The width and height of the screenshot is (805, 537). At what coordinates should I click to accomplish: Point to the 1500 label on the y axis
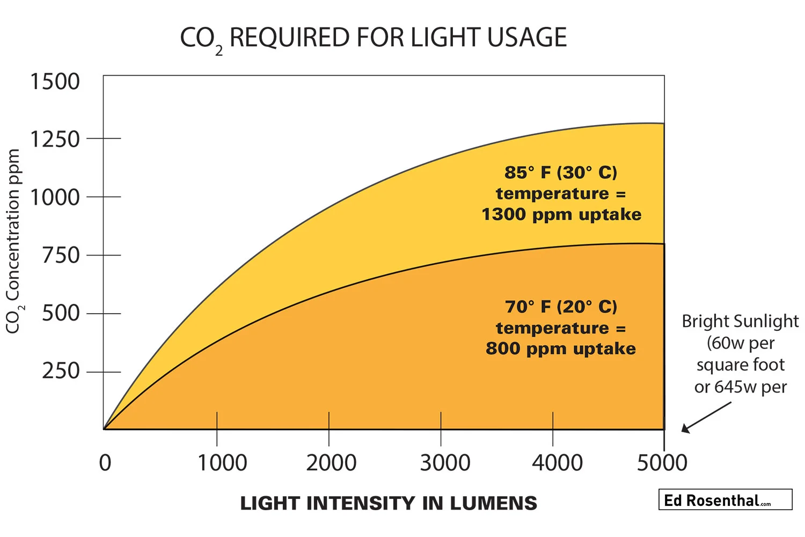(55, 82)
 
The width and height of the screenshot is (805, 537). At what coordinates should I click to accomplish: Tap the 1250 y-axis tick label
(55, 140)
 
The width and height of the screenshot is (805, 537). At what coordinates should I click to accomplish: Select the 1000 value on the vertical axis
(55, 198)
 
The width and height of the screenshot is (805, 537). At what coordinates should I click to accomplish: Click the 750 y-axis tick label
(61, 256)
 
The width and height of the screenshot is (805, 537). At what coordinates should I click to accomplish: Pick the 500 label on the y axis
(61, 313)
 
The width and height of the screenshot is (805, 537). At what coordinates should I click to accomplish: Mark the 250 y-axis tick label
(61, 371)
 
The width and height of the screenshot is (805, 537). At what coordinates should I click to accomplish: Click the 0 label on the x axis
(105, 463)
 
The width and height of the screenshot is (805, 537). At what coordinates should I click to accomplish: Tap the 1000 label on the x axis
(222, 463)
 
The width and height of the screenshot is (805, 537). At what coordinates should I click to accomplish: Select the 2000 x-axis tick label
(331, 463)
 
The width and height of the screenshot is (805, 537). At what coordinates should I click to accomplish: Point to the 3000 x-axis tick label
(445, 463)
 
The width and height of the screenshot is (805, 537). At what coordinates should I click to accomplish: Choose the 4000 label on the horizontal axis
(557, 463)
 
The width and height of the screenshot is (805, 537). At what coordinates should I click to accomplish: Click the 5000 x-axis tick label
(662, 463)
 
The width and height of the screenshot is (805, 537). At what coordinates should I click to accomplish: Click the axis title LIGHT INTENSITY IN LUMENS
(389, 503)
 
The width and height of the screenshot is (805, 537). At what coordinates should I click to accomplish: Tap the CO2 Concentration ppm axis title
(13, 242)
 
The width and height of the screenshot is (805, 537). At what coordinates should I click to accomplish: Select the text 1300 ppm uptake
(561, 214)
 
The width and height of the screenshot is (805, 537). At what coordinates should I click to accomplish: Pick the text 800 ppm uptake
(561, 349)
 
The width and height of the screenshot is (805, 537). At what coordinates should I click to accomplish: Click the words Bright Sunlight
(740, 321)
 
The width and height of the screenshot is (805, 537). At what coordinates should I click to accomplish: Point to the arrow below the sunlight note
(706, 417)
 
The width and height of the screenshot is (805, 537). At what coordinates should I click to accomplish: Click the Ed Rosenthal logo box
(725, 499)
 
